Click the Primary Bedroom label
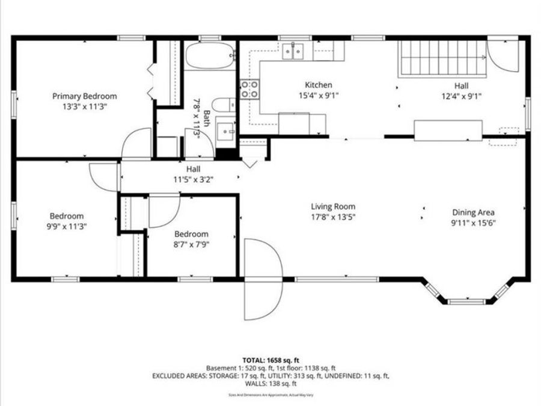[x=84, y=96]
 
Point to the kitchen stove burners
[x=250, y=90]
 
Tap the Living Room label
[x=333, y=206]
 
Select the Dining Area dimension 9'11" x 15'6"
[x=473, y=222]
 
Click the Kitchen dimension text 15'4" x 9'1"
[x=318, y=95]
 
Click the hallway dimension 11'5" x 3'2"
[x=193, y=179]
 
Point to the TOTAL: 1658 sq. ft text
[x=270, y=359]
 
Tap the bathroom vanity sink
[x=226, y=130]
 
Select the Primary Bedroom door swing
[x=136, y=144]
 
